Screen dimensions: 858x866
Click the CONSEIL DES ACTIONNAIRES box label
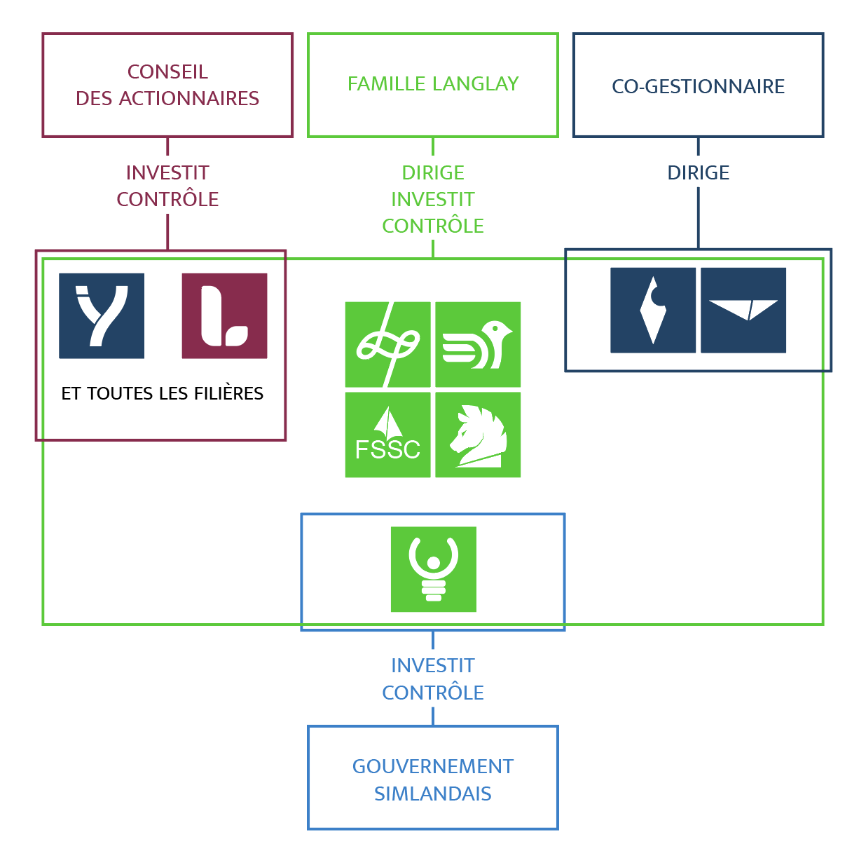[x=167, y=85]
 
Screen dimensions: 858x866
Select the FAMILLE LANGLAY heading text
[x=433, y=84]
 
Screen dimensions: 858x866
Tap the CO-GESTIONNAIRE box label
[x=698, y=86]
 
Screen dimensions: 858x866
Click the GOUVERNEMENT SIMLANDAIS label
[x=433, y=779]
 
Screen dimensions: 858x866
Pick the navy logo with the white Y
[x=102, y=315]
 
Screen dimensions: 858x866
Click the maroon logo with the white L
[x=224, y=315]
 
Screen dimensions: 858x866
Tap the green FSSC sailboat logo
[x=387, y=435]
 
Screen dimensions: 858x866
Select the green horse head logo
[x=478, y=435]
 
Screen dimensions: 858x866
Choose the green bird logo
[x=478, y=344]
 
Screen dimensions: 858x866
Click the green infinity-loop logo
[x=387, y=344]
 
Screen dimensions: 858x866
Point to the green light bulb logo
[x=434, y=569]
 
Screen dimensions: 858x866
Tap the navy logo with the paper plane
[x=743, y=310]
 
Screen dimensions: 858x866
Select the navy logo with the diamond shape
[x=653, y=310]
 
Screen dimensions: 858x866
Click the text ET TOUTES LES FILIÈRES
[x=163, y=394]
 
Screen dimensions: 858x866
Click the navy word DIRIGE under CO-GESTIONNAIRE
[x=698, y=173]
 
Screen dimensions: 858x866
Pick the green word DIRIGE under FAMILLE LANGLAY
[x=433, y=173]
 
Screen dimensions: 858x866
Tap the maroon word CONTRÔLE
[x=167, y=200]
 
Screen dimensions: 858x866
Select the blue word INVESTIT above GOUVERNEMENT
[x=433, y=666]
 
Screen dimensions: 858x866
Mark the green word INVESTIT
[x=433, y=200]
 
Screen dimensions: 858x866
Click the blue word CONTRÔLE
[x=433, y=693]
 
